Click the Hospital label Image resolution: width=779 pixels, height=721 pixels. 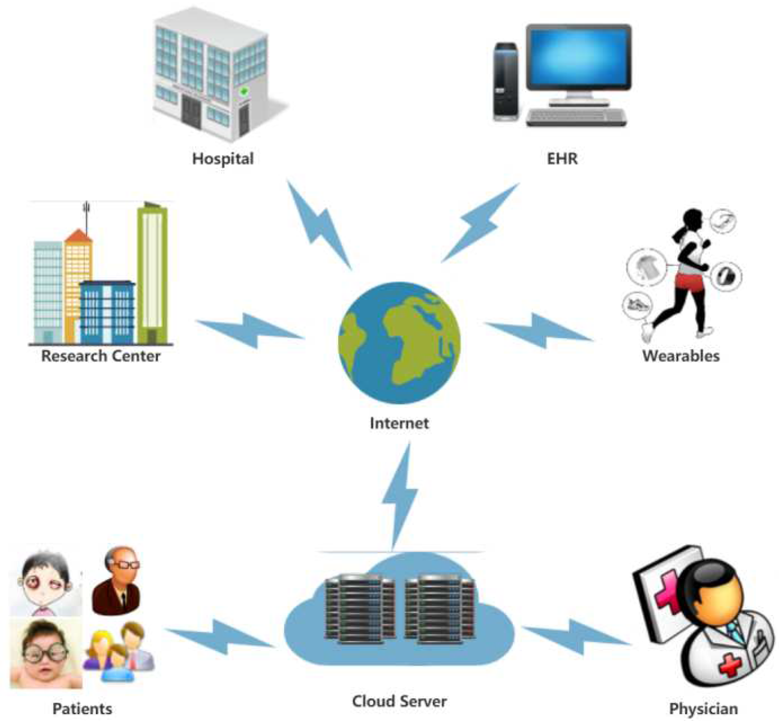tap(223, 158)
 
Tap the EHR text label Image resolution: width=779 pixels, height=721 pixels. tap(562, 158)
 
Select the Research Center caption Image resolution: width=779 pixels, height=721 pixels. tap(101, 356)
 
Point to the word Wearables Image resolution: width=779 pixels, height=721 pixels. tap(681, 356)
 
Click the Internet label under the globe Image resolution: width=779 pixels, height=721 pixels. tap(399, 423)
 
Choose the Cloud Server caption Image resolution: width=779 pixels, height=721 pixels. tap(399, 701)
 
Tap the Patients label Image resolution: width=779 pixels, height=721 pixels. tap(82, 708)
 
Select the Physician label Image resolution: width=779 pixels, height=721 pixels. tap(703, 708)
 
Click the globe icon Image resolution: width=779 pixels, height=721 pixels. tap(399, 342)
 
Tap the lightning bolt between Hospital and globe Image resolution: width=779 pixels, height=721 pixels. tap(319, 225)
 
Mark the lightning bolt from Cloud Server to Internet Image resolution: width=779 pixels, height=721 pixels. tap(401, 496)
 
